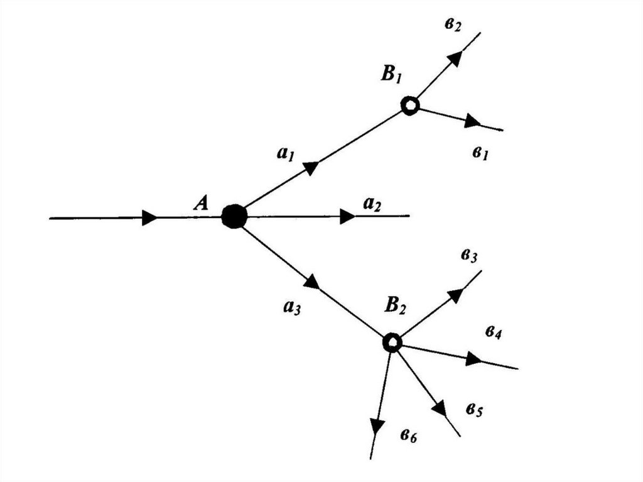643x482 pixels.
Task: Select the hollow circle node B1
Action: tap(409, 106)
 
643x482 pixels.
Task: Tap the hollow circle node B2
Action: tap(392, 342)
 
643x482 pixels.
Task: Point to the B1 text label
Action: tap(391, 75)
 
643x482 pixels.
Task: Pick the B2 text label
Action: tap(396, 306)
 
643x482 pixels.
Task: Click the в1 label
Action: tap(481, 153)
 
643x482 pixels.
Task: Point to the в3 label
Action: tap(470, 256)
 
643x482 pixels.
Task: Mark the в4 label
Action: tap(493, 333)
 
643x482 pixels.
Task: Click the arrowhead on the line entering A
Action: tap(149, 217)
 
